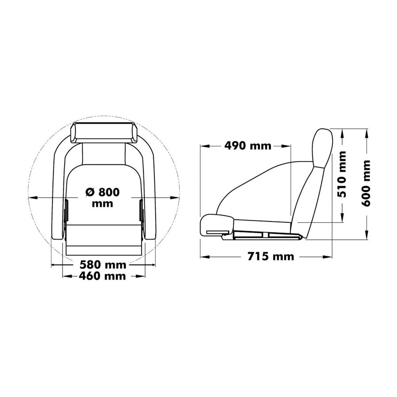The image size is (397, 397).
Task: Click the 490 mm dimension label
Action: point(247,146)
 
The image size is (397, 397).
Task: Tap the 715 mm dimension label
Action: point(271,257)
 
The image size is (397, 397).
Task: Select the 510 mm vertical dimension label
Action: point(342,174)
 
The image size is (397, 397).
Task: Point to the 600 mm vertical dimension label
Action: point(366,183)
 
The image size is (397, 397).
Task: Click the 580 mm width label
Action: point(103,265)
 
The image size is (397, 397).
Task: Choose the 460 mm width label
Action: point(102,276)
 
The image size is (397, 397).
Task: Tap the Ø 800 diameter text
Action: point(102,192)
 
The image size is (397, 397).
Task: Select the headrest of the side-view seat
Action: point(322,148)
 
